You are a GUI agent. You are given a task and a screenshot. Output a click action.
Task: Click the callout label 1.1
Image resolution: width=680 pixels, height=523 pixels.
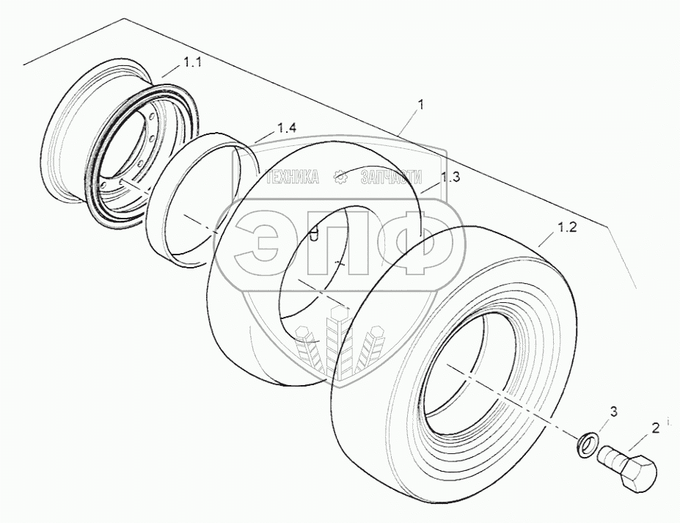point(192,65)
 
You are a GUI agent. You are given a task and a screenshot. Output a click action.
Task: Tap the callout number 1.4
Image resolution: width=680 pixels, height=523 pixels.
point(287,128)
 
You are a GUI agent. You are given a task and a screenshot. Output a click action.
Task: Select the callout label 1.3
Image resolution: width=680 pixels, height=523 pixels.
point(450,177)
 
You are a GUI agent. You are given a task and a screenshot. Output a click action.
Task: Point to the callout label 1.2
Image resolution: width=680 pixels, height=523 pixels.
point(567,227)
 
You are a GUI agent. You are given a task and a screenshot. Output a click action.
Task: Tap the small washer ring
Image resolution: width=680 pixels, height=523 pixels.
point(586,444)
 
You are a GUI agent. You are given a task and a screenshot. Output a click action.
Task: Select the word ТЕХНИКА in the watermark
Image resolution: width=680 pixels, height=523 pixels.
point(292,177)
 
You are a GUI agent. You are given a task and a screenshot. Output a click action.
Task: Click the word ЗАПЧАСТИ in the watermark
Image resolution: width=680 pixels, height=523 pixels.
point(387,177)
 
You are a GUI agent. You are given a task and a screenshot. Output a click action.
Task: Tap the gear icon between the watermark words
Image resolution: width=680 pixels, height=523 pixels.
point(340,177)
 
